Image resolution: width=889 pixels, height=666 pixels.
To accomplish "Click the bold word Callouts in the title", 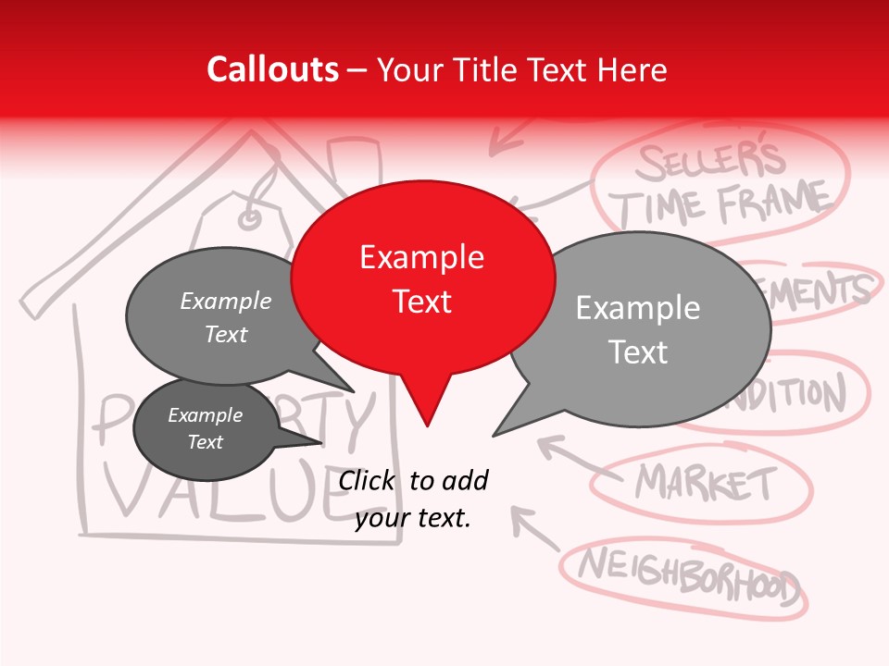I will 272,69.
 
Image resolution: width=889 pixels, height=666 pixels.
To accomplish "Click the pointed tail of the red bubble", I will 427,407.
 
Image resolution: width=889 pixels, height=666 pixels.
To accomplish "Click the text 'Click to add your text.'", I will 413,499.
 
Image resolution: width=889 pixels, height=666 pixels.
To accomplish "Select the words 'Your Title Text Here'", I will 522,69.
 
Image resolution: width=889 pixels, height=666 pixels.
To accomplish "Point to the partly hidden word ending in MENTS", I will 820,291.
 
